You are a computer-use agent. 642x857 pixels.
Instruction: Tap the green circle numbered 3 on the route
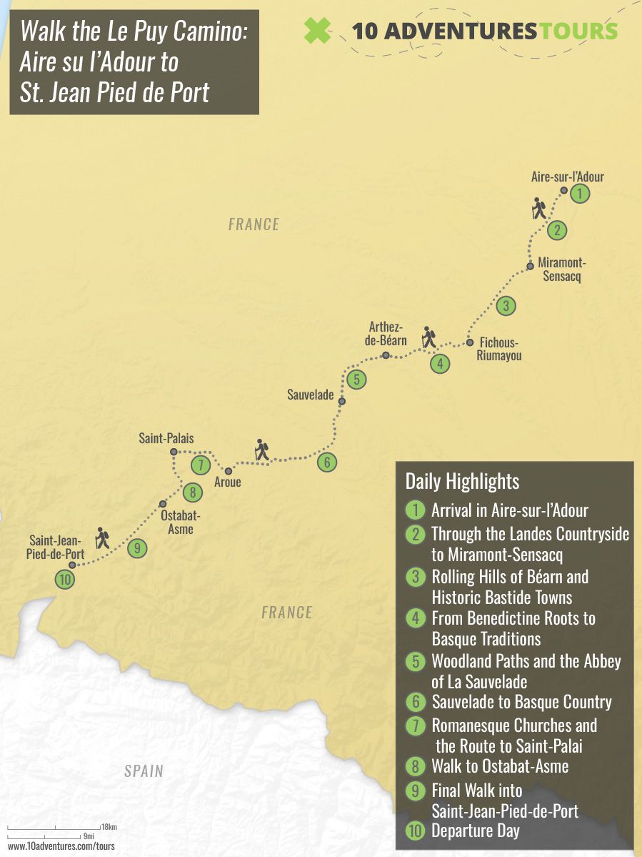pyautogui.click(x=506, y=305)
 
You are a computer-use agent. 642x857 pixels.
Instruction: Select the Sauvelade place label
pyautogui.click(x=310, y=394)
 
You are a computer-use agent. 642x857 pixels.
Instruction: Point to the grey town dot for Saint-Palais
pyautogui.click(x=174, y=452)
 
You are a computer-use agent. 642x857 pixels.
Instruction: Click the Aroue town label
pyautogui.click(x=228, y=482)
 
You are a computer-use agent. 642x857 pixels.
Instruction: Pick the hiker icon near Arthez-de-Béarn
pyautogui.click(x=428, y=337)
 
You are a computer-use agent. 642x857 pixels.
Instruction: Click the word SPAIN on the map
pyautogui.click(x=144, y=771)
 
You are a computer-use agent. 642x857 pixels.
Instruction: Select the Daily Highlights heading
pyautogui.click(x=462, y=481)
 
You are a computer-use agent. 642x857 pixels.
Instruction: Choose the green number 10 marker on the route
pyautogui.click(x=65, y=580)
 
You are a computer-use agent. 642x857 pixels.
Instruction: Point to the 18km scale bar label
pyautogui.click(x=109, y=827)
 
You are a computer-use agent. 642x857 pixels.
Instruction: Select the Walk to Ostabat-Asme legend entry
pyautogui.click(x=500, y=766)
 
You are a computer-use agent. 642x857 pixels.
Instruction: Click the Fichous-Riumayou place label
pyautogui.click(x=499, y=349)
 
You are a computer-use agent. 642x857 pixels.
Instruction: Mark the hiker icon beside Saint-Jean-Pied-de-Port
pyautogui.click(x=103, y=538)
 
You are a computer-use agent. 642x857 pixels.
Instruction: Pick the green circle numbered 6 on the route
pyautogui.click(x=326, y=462)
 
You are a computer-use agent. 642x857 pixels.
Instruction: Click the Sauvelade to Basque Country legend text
pyautogui.click(x=521, y=702)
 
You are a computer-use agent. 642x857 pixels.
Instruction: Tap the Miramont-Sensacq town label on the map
pyautogui.click(x=562, y=269)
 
